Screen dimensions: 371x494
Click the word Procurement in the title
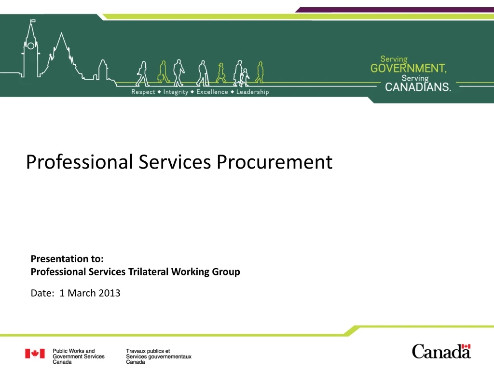[x=274, y=162]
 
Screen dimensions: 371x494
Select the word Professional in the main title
[x=79, y=162]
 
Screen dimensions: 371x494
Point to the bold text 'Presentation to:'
[x=67, y=258]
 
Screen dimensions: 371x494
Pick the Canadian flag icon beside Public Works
[x=35, y=354]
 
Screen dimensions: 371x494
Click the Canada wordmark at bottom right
[x=441, y=352]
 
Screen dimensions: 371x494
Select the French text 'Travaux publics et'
[x=148, y=351]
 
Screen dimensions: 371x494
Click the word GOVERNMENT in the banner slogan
[x=408, y=69]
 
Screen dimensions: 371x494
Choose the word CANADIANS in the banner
[x=418, y=87]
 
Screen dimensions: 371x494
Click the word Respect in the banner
[x=143, y=92]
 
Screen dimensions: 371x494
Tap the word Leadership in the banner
[x=252, y=92]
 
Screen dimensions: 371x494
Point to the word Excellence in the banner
[x=212, y=92]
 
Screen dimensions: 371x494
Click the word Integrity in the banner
[x=176, y=92]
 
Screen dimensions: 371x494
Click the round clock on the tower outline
[x=31, y=45]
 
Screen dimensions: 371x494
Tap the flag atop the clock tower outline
[x=33, y=21]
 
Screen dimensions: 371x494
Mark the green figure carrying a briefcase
[x=163, y=72]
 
